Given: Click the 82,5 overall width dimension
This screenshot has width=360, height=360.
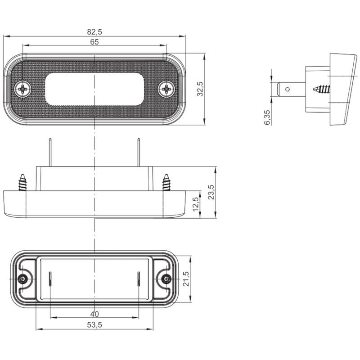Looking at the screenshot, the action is tap(94, 31).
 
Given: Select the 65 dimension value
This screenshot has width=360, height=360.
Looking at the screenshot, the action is tap(94, 42).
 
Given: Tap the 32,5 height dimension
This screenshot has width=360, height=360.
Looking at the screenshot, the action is tap(200, 89).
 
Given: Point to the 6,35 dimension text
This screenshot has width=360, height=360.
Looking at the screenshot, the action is tap(267, 117).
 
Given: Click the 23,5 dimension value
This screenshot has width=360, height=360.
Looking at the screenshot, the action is tap(211, 192).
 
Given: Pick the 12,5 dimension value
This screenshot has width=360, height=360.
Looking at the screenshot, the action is tap(196, 204).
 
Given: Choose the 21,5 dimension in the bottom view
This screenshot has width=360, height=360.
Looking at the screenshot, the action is tap(186, 279).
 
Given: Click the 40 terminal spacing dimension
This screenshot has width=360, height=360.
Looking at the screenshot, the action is tap(94, 314).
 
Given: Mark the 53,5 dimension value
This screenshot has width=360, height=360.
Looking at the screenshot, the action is tap(94, 325).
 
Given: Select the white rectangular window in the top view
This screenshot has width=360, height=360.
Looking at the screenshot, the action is tap(94, 89).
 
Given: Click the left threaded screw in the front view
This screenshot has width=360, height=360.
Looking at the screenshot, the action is tap(23, 182).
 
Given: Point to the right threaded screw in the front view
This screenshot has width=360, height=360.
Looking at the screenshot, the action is tap(166, 182).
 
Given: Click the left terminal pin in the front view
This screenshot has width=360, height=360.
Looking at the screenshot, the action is tap(50, 152).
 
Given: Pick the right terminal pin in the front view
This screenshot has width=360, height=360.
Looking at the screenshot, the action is tap(139, 152).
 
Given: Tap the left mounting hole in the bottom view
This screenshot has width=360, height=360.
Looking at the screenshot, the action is tap(22, 279).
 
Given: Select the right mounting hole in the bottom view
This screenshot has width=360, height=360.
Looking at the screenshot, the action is tap(166, 279).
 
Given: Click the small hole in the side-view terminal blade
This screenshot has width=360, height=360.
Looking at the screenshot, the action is tap(287, 89).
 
